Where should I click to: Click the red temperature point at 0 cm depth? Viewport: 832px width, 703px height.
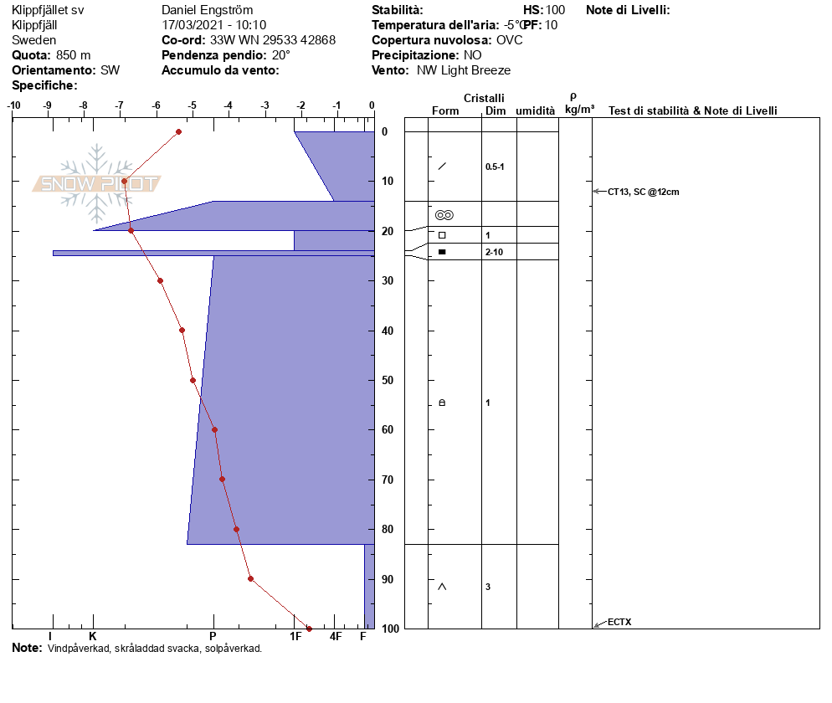click(179, 131)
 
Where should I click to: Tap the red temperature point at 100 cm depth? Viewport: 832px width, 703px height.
click(310, 629)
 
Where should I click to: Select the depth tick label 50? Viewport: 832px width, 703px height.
click(388, 380)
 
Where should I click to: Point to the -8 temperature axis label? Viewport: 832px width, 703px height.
click(84, 105)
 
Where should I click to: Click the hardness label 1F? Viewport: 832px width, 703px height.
click(295, 636)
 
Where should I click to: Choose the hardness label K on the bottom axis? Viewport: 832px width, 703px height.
click(93, 636)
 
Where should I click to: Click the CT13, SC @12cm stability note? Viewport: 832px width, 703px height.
click(643, 192)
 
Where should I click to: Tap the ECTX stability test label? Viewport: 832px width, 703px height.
click(619, 622)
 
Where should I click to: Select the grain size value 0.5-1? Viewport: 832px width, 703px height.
click(495, 167)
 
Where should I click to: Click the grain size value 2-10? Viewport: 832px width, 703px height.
click(494, 252)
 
